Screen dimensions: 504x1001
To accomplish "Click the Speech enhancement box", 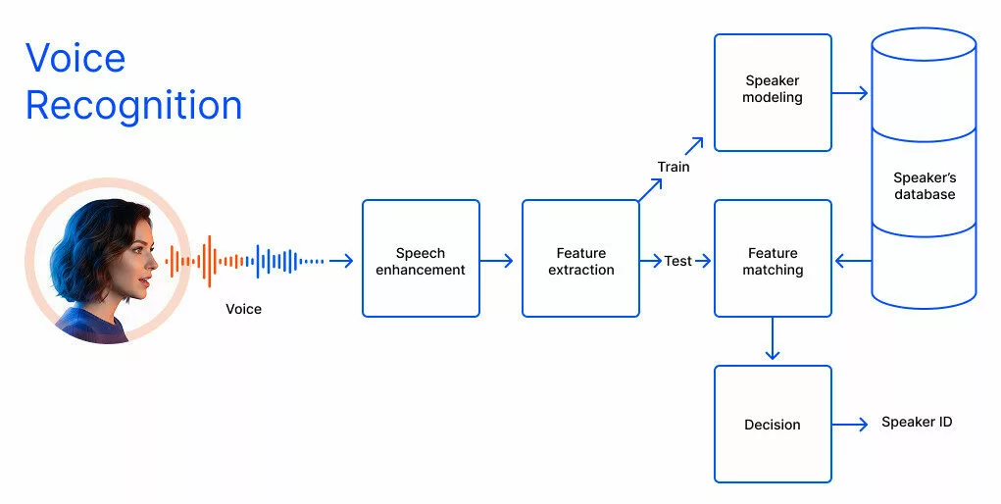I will [421, 259].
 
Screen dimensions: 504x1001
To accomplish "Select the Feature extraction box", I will [580, 259].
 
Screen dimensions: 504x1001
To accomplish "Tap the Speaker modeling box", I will [773, 92].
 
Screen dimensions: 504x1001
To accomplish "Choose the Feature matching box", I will [773, 259].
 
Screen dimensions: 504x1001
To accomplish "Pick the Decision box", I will [773, 424].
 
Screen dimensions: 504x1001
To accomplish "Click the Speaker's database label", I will [924, 186].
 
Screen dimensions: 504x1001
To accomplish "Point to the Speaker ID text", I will [917, 423].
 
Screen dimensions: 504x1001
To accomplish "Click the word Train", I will [674, 167].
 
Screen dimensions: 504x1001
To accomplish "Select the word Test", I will [677, 262].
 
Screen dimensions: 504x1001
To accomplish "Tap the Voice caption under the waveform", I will [244, 309].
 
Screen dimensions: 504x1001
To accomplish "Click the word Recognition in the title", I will [133, 105].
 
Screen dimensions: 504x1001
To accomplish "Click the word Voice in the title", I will [75, 58].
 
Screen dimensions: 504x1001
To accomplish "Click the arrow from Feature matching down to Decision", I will [773, 340].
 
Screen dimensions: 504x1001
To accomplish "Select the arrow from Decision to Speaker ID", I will [850, 424].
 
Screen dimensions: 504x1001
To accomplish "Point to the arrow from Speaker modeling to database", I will [850, 94].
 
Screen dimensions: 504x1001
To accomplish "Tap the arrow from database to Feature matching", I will [852, 261].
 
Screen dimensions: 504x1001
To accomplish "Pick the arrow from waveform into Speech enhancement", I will [341, 261].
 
